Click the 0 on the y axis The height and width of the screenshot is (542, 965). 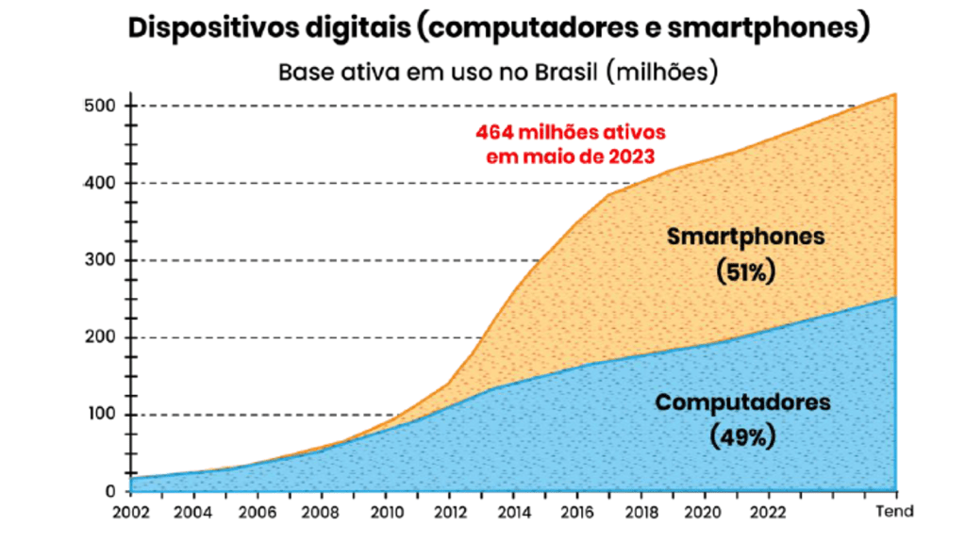tap(109, 491)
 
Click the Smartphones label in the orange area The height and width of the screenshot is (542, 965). tap(745, 237)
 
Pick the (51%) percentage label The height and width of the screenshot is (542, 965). tap(745, 272)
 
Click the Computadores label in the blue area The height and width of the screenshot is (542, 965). tap(743, 402)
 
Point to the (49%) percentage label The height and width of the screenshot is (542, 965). tap(743, 438)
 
